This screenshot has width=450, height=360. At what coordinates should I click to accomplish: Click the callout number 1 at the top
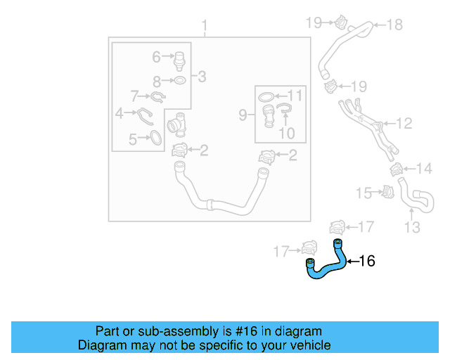click(x=205, y=27)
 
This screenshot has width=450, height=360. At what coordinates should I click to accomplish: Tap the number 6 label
click(x=157, y=56)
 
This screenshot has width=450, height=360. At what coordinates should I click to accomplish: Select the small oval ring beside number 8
click(x=179, y=81)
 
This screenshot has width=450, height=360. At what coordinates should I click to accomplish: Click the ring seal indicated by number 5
click(x=155, y=139)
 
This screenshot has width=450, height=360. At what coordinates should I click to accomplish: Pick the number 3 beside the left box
click(x=202, y=77)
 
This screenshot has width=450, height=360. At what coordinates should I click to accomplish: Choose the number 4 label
click(x=120, y=112)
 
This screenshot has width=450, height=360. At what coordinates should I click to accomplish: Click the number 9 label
click(x=243, y=115)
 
